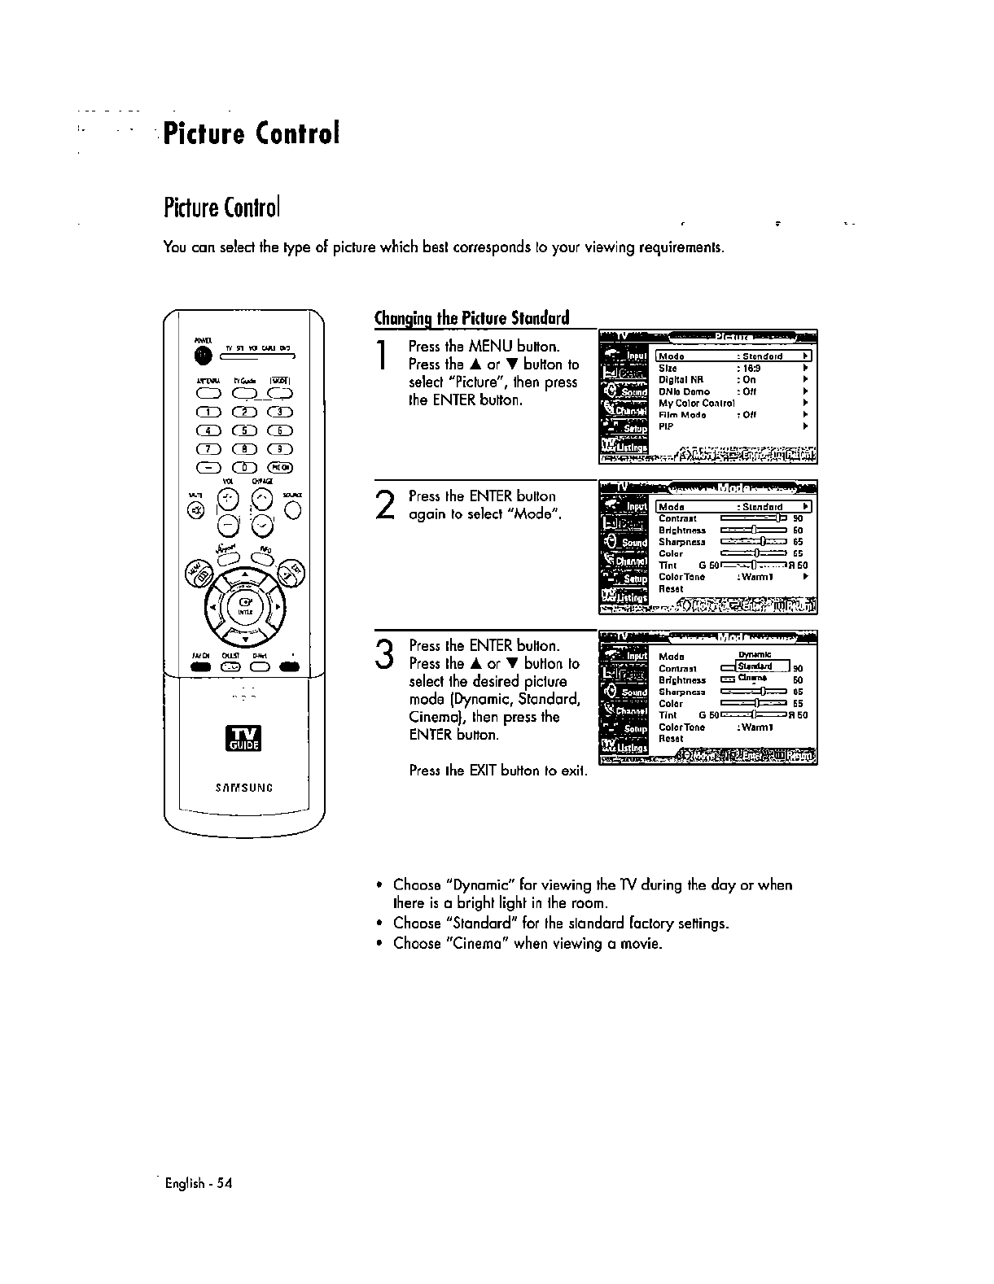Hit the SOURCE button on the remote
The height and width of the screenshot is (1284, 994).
tap(293, 511)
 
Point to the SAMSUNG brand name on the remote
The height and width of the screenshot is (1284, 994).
tap(244, 788)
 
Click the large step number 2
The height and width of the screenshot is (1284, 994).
tap(386, 505)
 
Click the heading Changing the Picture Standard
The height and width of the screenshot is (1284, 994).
tap(471, 317)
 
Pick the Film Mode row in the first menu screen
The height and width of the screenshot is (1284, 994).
tap(682, 414)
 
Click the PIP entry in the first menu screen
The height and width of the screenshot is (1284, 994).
tap(667, 426)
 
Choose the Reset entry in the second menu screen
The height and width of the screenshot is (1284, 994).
tap(671, 588)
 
